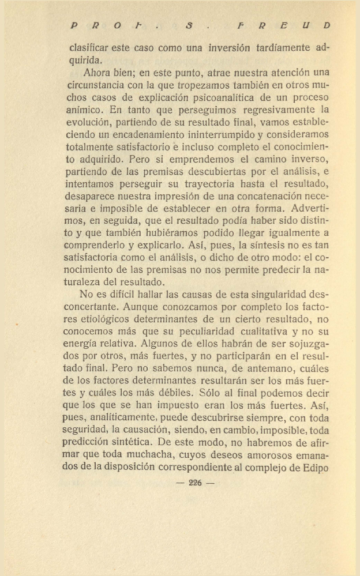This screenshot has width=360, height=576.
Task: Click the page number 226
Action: coord(196,483)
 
